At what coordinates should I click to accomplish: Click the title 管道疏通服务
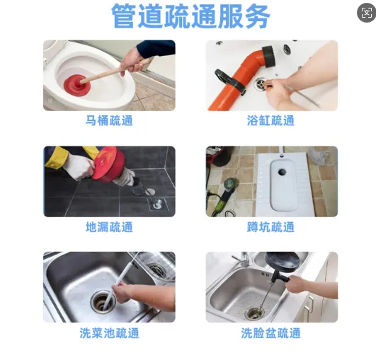coord(191,16)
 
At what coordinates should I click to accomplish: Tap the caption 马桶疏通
coord(109,120)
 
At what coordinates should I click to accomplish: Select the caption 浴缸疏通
coord(270,120)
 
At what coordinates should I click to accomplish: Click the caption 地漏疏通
coord(109,227)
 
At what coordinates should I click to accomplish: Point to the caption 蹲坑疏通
coord(270,227)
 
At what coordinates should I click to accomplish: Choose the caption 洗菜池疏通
coord(109,333)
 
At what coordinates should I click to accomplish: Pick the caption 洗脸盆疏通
coord(270,333)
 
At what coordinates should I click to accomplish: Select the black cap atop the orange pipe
coord(269,57)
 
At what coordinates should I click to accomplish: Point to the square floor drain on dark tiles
coord(158,204)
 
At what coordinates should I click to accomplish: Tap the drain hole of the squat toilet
coord(282,171)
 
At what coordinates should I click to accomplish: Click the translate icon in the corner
coord(367,13)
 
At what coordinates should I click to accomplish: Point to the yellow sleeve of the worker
coord(57,156)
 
